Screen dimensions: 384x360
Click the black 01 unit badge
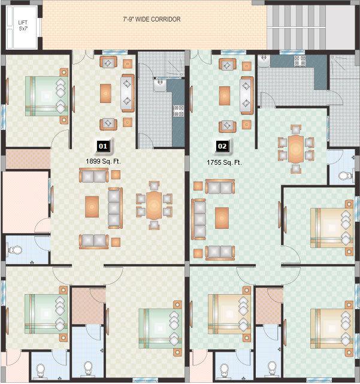pyautogui.click(x=102, y=146)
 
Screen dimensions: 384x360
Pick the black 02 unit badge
pyautogui.click(x=222, y=146)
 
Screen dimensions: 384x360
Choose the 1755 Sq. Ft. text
pyautogui.click(x=224, y=162)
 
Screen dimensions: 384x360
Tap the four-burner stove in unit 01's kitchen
pyautogui.click(x=177, y=110)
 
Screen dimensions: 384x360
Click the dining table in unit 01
pyautogui.click(x=154, y=205)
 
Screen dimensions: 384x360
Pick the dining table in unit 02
pyautogui.click(x=295, y=148)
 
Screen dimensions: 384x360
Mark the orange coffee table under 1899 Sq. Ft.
pyautogui.click(x=92, y=206)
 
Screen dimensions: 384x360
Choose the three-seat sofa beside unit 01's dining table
pyautogui.click(x=114, y=207)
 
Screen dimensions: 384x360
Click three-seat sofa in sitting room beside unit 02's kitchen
pyautogui.click(x=246, y=93)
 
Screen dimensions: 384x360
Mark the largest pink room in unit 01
pyautogui.click(x=25, y=201)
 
